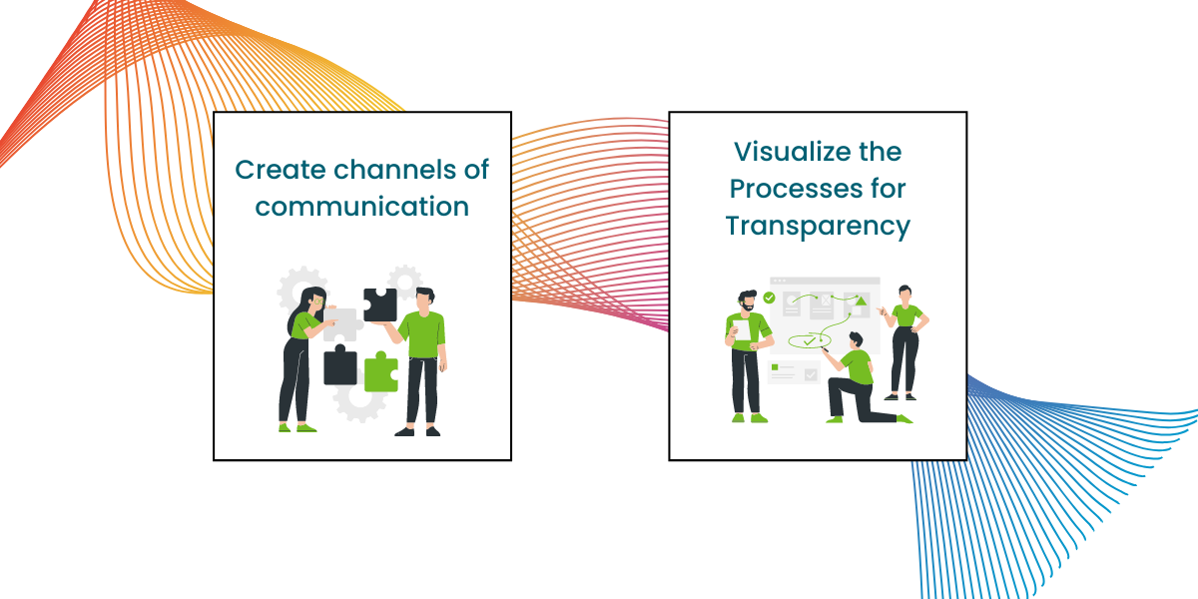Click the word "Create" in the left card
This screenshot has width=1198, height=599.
pyautogui.click(x=281, y=170)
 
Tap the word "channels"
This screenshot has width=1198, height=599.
pyautogui.click(x=394, y=170)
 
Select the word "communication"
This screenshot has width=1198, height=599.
pyautogui.click(x=362, y=207)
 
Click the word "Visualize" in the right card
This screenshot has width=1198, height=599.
pyautogui.click(x=787, y=152)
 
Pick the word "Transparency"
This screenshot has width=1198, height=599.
pyautogui.click(x=818, y=227)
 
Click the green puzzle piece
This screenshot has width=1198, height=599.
pyautogui.click(x=381, y=371)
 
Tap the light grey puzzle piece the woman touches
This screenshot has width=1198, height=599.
pyautogui.click(x=340, y=324)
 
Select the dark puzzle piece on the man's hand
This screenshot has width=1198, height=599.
pyautogui.click(x=380, y=304)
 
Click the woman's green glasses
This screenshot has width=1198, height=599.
pyautogui.click(x=319, y=302)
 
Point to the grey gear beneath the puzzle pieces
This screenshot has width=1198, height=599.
pyautogui.click(x=359, y=401)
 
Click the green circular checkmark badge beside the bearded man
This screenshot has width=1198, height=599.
pyautogui.click(x=769, y=298)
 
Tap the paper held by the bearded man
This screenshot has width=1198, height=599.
pyautogui.click(x=743, y=329)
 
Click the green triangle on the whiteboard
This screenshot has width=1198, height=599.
pyautogui.click(x=860, y=301)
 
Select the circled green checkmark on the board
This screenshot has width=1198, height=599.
pyautogui.click(x=810, y=340)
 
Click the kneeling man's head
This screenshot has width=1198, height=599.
pyautogui.click(x=856, y=340)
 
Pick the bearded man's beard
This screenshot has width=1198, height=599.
pyautogui.click(x=748, y=307)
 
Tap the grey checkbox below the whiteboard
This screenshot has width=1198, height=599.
pyautogui.click(x=811, y=374)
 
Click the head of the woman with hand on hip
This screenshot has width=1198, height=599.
pyautogui.click(x=904, y=294)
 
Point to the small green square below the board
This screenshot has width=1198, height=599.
pyautogui.click(x=775, y=367)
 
